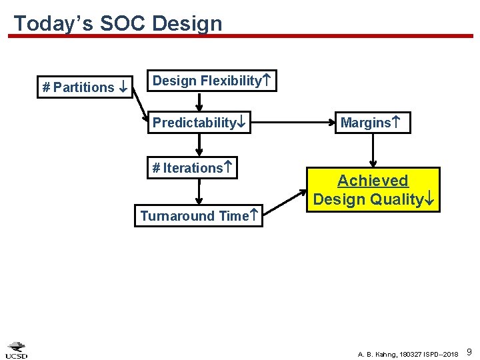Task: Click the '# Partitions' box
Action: click(x=85, y=87)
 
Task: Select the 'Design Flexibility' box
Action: click(x=211, y=81)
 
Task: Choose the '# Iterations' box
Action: click(x=193, y=168)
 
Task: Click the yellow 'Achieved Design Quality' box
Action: click(x=373, y=189)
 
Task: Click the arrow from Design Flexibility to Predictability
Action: click(x=199, y=101)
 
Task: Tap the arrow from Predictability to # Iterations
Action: click(x=199, y=145)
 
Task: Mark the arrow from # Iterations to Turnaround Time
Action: click(x=199, y=191)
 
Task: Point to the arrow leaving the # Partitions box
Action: click(x=140, y=105)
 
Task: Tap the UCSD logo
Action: click(x=17, y=349)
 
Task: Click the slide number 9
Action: click(x=469, y=351)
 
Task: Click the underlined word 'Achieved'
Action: click(x=373, y=181)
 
